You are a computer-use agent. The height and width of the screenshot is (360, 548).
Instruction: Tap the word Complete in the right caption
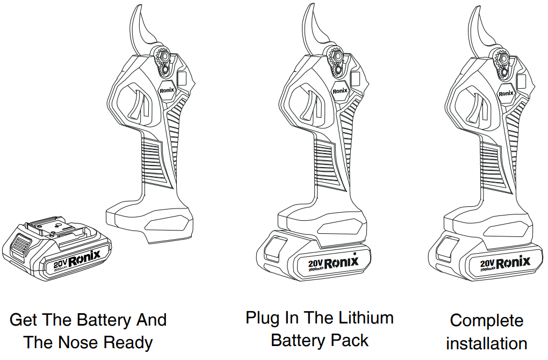point(486,321)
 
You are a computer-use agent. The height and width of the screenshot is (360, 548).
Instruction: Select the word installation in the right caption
point(486,343)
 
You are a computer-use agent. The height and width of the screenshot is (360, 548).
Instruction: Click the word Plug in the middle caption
point(262,318)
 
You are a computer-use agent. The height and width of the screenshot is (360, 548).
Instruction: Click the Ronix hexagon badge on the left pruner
point(168,90)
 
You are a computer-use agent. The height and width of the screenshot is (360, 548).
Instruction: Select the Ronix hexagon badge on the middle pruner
point(340,91)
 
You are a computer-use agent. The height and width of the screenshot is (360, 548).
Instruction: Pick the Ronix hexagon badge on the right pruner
point(506,93)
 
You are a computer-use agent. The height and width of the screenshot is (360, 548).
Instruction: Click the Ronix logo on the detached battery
point(84,258)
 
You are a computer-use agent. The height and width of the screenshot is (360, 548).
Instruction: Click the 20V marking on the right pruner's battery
point(487,263)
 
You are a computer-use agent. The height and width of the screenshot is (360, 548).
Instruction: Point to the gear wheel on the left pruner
point(161,55)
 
